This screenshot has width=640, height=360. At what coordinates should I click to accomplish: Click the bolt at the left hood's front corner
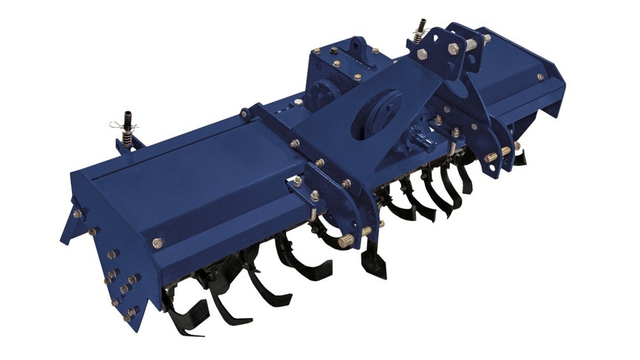(158, 243)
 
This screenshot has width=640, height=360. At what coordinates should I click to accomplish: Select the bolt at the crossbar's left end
(245, 114)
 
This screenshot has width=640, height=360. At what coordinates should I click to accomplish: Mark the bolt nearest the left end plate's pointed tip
(78, 214)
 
